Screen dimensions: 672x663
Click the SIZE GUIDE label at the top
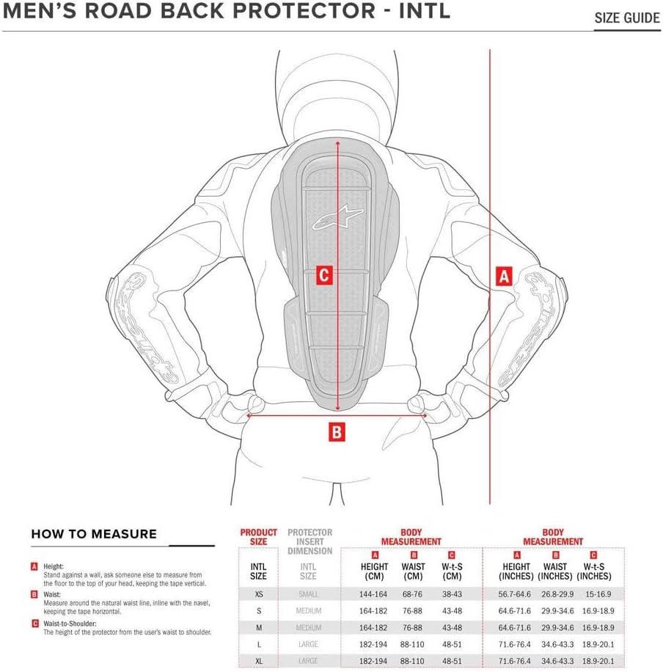[627, 18]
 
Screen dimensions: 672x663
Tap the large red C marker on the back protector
[324, 276]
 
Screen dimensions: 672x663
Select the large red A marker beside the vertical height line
[503, 277]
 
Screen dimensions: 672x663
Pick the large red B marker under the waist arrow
[335, 432]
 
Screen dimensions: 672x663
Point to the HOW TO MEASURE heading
[94, 534]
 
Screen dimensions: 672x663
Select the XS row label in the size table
[258, 594]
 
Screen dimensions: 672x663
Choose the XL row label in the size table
[258, 661]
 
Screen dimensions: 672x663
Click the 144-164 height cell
[374, 594]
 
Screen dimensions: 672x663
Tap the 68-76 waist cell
[414, 594]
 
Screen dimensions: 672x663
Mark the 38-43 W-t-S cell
[451, 594]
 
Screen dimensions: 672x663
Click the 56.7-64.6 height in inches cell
[516, 594]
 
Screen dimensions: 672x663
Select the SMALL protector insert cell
[308, 594]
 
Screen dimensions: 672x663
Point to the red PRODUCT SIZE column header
[258, 537]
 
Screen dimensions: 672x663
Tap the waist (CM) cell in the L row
[414, 644]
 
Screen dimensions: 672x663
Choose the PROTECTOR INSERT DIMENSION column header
[309, 541]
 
